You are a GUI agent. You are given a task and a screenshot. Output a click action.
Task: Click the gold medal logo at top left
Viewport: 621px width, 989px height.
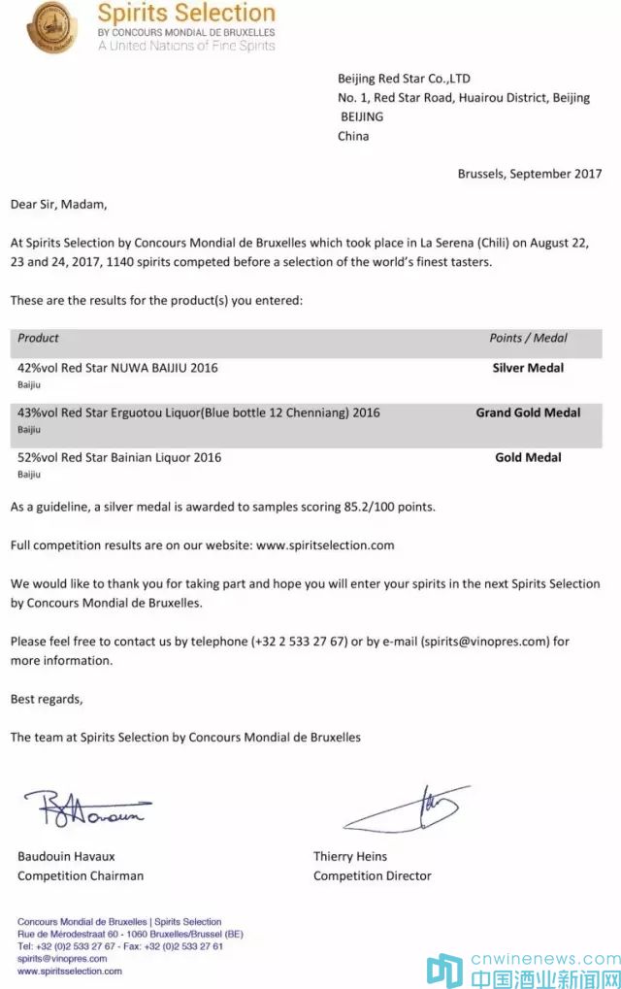tap(55, 26)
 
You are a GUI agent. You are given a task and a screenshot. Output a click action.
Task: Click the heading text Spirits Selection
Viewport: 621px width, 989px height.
tap(186, 14)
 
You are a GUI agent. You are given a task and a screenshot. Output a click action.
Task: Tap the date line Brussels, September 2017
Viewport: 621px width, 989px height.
tap(529, 174)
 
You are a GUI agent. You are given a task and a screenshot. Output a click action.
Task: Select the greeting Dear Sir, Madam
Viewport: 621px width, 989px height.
tap(58, 205)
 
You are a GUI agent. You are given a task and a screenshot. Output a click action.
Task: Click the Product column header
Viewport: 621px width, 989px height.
tap(39, 338)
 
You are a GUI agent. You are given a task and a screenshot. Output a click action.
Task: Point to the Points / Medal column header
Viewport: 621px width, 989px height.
tap(528, 338)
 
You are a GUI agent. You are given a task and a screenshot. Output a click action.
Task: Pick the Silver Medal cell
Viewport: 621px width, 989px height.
tap(528, 368)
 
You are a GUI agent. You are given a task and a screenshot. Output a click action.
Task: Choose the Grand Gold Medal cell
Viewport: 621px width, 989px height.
tap(528, 412)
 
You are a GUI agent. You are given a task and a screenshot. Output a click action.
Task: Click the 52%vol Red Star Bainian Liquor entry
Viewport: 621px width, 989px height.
tap(119, 457)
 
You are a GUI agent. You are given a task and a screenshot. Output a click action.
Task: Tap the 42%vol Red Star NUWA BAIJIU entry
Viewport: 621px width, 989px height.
tap(117, 368)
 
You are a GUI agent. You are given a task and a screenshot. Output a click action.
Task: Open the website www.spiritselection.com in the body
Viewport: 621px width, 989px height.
tap(325, 544)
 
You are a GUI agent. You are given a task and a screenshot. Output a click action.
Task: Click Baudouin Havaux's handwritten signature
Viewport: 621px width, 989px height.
tap(87, 808)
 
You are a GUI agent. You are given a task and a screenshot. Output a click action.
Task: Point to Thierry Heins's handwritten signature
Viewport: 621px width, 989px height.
tap(408, 808)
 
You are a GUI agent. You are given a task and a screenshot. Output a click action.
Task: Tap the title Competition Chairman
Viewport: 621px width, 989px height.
tap(81, 875)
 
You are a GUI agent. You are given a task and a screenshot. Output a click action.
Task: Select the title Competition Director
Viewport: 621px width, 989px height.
tap(372, 875)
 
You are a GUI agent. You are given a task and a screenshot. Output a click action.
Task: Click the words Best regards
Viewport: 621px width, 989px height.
tap(47, 699)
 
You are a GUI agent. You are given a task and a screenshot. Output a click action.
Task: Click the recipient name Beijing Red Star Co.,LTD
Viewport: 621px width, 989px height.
tap(404, 79)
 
